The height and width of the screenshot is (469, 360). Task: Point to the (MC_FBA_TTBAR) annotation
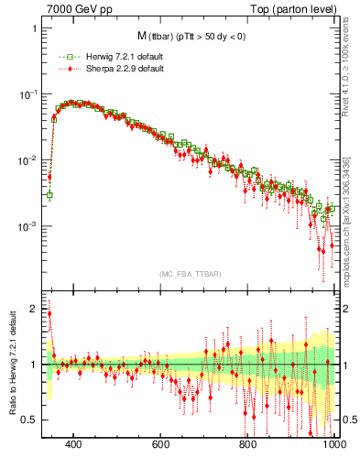click(x=190, y=274)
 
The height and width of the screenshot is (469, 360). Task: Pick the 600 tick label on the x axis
click(x=161, y=445)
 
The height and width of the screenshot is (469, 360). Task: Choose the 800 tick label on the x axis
click(x=248, y=445)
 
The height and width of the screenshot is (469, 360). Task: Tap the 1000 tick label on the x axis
click(x=333, y=445)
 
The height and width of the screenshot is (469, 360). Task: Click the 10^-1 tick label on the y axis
click(x=28, y=94)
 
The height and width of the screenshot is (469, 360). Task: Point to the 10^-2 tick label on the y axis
click(x=28, y=160)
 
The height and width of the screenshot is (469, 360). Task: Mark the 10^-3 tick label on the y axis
click(x=28, y=226)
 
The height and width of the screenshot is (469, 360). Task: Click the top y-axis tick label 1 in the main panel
click(x=35, y=28)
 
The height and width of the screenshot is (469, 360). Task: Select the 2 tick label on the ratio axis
click(x=35, y=310)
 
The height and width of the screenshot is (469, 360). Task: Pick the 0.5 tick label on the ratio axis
click(x=30, y=420)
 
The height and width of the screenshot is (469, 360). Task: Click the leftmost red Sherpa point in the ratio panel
click(x=49, y=314)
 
